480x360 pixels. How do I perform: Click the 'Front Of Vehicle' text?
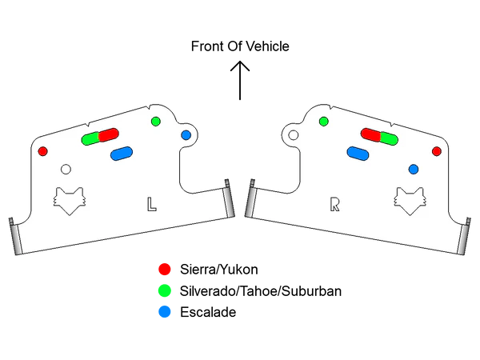point(240,46)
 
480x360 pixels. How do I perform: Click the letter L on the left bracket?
point(151,203)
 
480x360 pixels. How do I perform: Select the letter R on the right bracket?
point(335,203)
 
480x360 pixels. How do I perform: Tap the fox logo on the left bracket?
point(70,200)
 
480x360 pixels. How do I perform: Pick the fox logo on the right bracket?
point(409,200)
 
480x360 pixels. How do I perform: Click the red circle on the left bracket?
point(43,151)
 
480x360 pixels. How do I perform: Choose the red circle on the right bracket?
point(436,151)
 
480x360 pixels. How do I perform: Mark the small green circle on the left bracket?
point(155,121)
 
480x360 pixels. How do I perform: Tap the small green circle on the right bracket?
point(323,121)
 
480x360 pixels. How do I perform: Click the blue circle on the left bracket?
point(186,135)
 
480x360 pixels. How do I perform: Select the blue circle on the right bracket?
point(414,169)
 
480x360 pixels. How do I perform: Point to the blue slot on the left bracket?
point(122,153)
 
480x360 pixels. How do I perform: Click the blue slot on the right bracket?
point(358,153)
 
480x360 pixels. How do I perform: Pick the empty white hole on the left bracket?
point(66,169)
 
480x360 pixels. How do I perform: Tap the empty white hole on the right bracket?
point(293,135)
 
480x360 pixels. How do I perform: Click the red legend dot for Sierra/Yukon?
point(165,269)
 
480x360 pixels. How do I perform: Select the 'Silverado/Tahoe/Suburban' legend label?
point(262,291)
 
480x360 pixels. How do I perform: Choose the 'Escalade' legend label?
point(208,313)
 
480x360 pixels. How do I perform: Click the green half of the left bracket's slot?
point(90,138)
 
